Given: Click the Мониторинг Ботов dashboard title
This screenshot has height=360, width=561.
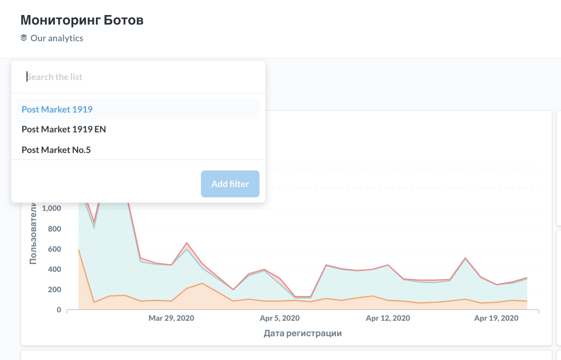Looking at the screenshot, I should [x=82, y=20].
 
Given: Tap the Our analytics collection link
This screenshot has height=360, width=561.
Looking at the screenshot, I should [x=57, y=38].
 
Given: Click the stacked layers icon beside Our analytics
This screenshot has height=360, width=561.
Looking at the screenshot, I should [x=24, y=38].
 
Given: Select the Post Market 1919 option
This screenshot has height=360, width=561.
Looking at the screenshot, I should [x=57, y=109].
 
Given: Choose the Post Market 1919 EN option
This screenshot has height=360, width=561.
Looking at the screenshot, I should [x=64, y=129].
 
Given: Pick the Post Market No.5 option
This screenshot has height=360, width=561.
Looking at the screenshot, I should [x=56, y=150].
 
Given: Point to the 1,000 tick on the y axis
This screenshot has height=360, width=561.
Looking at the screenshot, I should [x=52, y=208].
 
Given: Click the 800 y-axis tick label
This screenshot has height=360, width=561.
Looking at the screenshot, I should [x=54, y=229].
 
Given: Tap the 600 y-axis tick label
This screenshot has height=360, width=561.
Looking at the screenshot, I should [x=54, y=249].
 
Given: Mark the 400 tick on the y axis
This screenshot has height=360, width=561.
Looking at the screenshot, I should [x=54, y=269].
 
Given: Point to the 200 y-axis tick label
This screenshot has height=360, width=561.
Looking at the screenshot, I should [x=54, y=289].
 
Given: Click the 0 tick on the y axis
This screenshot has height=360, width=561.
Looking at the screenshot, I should [x=59, y=310].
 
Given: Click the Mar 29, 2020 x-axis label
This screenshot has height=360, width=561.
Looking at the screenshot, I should [x=171, y=318].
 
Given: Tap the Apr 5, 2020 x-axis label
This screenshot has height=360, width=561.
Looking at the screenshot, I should [x=280, y=318].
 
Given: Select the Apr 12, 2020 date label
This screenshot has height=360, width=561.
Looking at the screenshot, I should [x=388, y=318].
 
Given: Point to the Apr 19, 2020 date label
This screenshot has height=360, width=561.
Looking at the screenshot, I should [x=496, y=318].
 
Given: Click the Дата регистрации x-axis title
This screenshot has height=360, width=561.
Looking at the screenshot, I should [x=303, y=333].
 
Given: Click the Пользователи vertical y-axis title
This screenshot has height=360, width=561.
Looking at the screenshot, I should [x=33, y=234].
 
